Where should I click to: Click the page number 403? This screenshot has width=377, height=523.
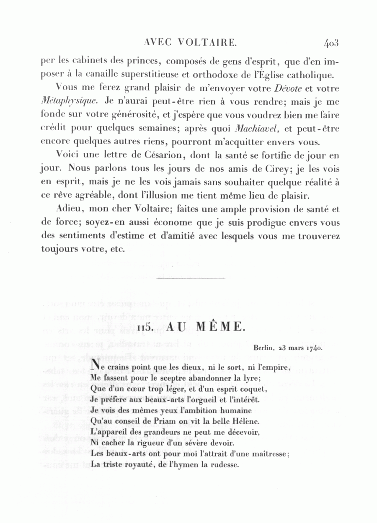331,42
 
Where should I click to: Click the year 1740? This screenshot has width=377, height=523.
314,347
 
